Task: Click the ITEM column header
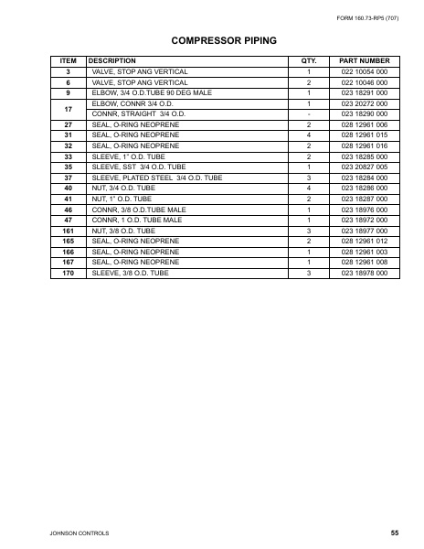click(x=68, y=60)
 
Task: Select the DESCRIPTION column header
click(x=111, y=60)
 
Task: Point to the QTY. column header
click(x=308, y=60)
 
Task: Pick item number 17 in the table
click(x=68, y=108)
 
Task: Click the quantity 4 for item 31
click(x=308, y=135)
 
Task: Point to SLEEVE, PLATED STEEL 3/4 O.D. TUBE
click(x=157, y=178)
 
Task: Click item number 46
click(x=68, y=210)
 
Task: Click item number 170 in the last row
click(x=68, y=273)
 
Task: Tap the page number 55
click(x=394, y=532)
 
